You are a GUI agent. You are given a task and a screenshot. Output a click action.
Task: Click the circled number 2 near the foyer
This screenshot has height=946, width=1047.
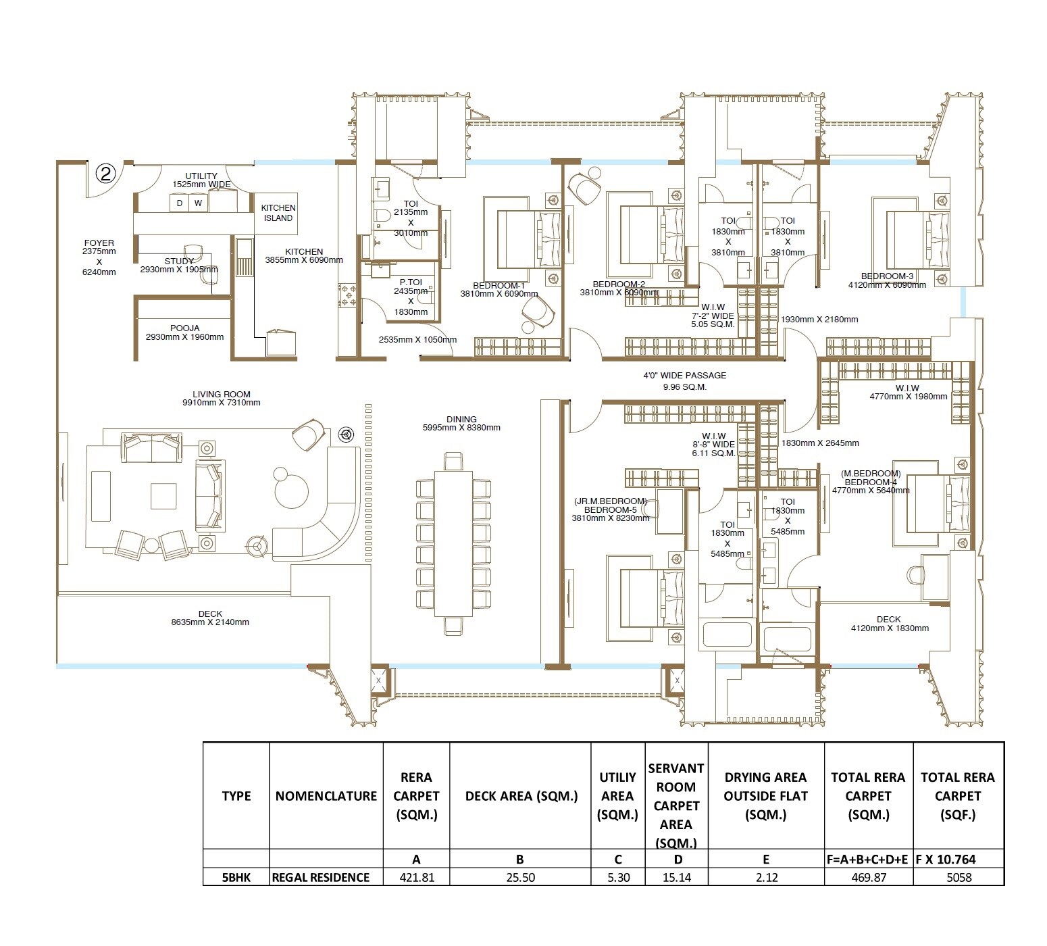click(106, 174)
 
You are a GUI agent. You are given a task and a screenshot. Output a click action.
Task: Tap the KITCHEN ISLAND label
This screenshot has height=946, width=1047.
click(278, 213)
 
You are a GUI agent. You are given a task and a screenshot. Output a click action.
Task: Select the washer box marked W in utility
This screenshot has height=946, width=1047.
click(198, 203)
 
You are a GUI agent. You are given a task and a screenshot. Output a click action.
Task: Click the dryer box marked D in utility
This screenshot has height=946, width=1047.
click(179, 203)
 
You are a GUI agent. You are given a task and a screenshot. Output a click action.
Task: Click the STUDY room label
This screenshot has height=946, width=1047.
click(179, 262)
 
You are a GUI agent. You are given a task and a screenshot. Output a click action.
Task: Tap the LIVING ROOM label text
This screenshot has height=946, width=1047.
click(221, 395)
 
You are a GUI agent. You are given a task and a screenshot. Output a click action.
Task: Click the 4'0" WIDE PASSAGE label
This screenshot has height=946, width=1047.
click(684, 376)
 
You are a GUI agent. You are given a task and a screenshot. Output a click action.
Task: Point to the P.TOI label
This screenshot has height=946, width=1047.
click(411, 282)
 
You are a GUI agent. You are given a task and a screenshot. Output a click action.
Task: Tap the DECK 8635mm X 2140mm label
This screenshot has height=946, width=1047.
click(210, 618)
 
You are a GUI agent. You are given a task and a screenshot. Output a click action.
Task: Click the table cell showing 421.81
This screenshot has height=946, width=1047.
click(416, 877)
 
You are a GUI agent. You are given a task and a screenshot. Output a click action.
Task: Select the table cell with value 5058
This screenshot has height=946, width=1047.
click(958, 877)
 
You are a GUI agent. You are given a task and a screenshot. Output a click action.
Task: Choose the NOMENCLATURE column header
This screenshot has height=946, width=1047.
click(326, 796)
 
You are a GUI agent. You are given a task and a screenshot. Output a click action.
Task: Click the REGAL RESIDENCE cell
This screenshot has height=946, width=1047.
click(321, 877)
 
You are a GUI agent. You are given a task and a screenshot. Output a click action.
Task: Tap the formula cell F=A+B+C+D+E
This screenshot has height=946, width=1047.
click(868, 860)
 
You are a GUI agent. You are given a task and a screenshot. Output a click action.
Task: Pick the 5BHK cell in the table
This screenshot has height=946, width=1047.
click(236, 877)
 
